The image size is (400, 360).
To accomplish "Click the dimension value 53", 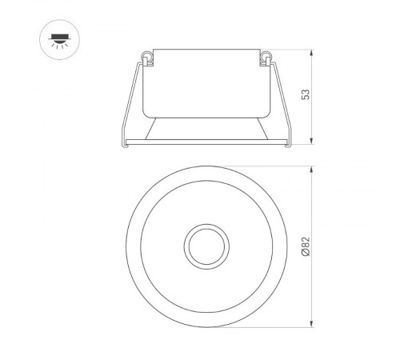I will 305,94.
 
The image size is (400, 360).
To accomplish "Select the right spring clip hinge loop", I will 265,55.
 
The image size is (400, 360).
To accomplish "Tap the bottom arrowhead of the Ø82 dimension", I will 311,325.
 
